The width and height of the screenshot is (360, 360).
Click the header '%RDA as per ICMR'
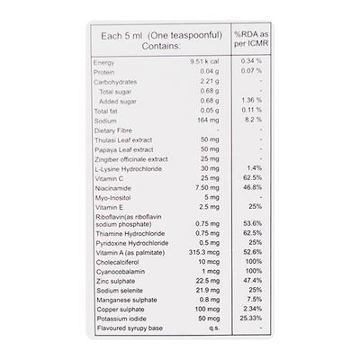(253, 39)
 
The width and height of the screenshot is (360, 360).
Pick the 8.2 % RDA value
(253, 120)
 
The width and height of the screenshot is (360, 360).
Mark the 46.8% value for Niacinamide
(253, 188)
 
